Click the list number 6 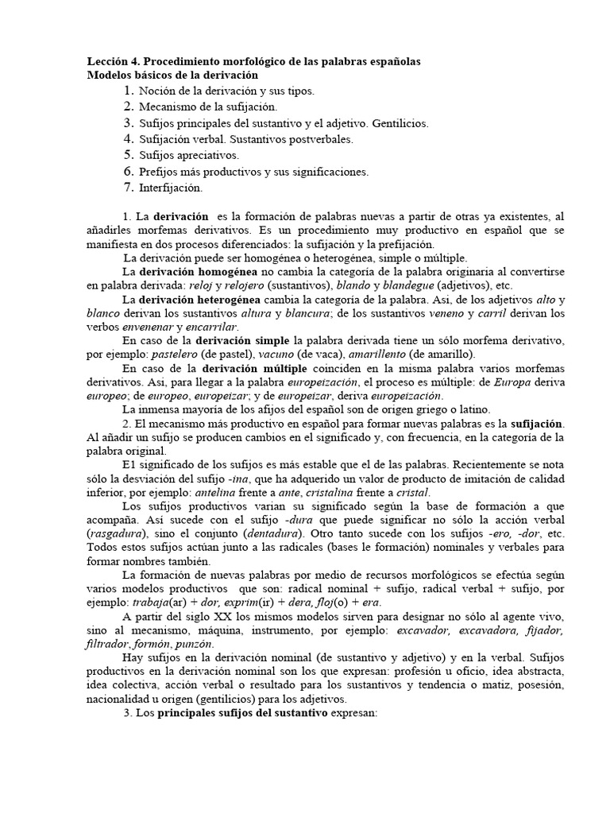[128, 172]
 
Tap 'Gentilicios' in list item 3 [402, 123]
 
